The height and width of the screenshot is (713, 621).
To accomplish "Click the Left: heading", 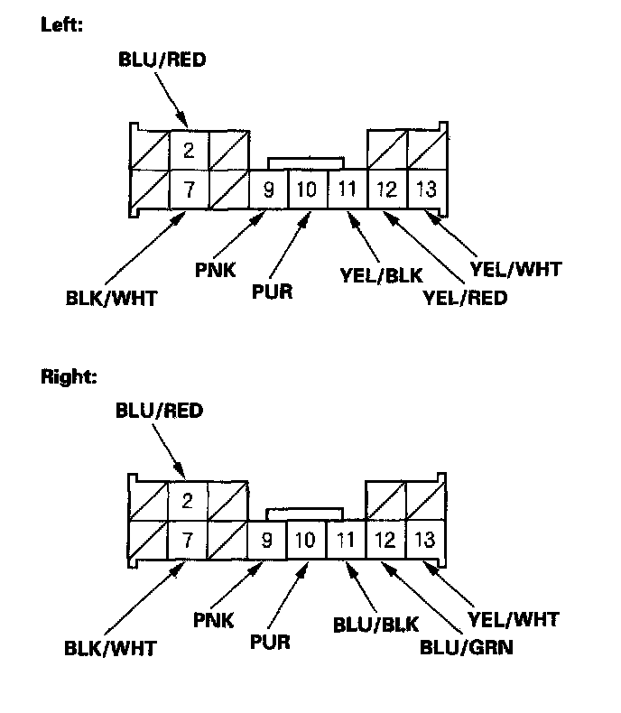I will click(x=62, y=25).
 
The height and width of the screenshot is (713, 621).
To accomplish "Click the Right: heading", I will click(x=69, y=376).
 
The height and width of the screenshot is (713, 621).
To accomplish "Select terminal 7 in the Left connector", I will click(x=189, y=190).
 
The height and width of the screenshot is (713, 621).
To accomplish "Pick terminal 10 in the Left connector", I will click(x=307, y=190).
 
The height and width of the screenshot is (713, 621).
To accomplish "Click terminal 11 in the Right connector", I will click(x=345, y=542).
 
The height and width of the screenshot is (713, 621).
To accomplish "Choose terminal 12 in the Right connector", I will click(x=385, y=542).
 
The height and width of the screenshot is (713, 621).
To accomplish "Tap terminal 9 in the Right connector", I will click(x=267, y=542).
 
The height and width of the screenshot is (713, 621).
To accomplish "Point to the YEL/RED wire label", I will click(x=465, y=297).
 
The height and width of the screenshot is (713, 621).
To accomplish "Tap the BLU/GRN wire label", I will click(x=467, y=647).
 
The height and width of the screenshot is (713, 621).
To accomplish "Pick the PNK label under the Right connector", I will click(x=214, y=619).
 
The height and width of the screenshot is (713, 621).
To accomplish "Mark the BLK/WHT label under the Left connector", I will click(x=111, y=298).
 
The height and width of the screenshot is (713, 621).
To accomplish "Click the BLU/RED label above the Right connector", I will click(x=159, y=411).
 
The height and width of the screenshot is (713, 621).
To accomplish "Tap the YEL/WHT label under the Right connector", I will click(x=514, y=619).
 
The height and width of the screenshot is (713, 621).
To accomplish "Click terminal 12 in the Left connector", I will click(x=386, y=190).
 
